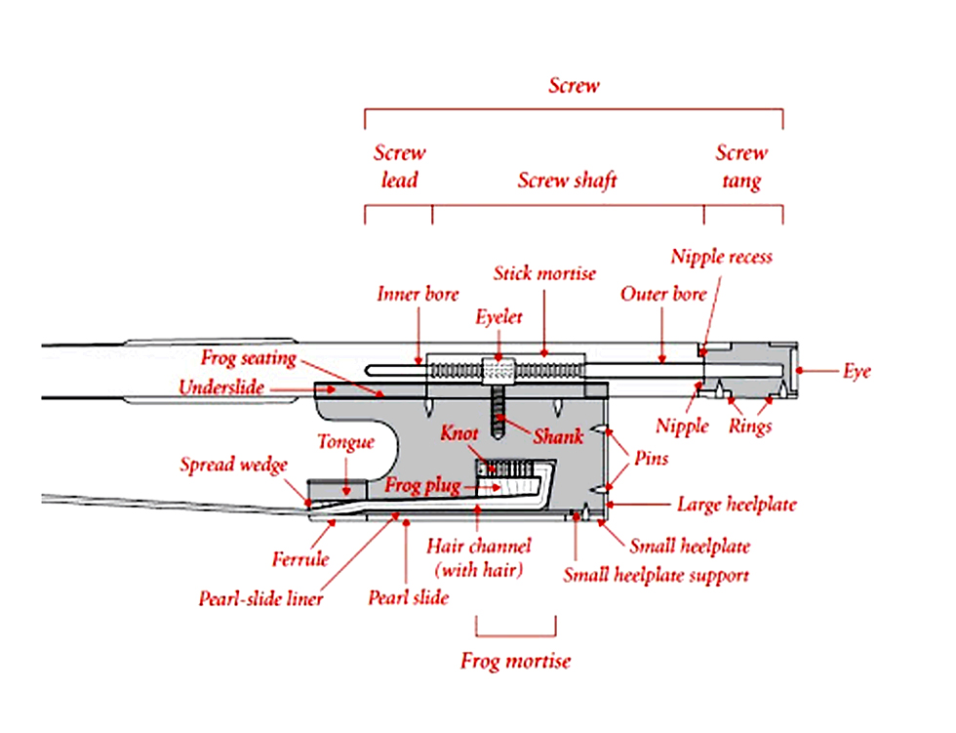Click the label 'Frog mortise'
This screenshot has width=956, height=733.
(516, 661)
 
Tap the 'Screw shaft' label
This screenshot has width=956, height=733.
(567, 181)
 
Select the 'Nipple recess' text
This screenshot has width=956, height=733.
(722, 257)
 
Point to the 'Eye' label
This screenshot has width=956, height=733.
(857, 371)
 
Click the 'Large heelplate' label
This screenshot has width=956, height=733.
(737, 505)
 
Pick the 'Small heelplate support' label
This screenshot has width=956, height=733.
(656, 575)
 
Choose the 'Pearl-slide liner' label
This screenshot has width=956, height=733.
(261, 599)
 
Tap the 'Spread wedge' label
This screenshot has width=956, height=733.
(233, 465)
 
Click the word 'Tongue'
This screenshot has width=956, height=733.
(345, 442)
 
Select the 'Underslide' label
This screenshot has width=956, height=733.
(221, 387)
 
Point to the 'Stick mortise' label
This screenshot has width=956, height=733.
(544, 273)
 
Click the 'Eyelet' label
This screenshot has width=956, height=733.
(498, 317)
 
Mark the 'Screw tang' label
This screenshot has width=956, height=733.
(741, 167)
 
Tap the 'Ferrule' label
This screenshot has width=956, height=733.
(300, 559)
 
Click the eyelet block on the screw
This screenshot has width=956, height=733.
(498, 371)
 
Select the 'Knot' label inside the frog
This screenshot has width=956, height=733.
(459, 433)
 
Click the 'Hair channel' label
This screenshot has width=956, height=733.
(479, 546)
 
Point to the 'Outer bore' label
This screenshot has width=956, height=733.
(663, 294)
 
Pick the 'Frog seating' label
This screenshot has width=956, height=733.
(249, 358)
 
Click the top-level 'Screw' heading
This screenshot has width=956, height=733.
(574, 85)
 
